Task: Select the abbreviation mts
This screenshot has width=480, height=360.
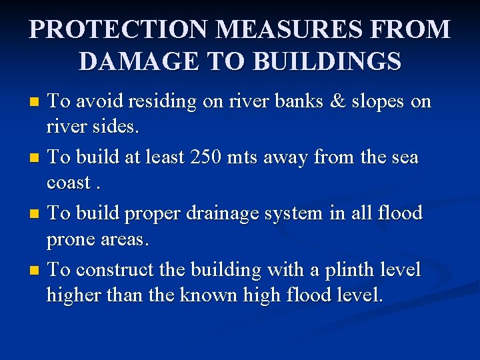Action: click(244, 158)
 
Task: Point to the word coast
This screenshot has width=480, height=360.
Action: click(69, 182)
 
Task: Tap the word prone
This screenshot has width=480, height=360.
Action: click(71, 239)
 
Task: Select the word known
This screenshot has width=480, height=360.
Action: click(195, 294)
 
